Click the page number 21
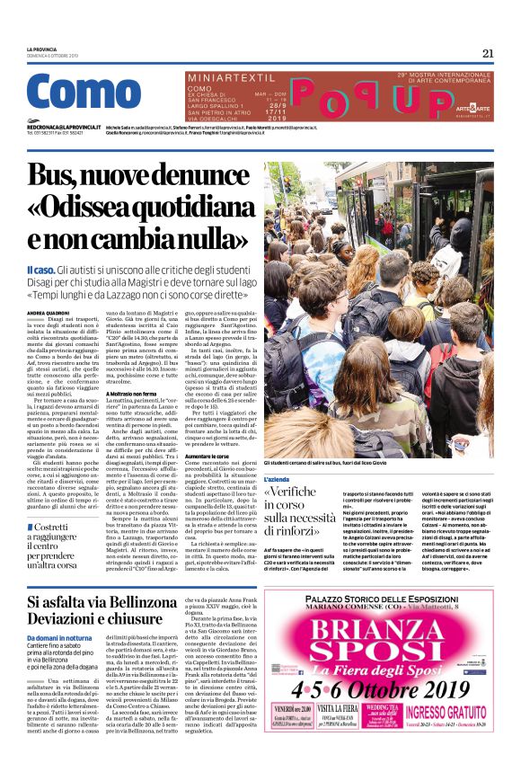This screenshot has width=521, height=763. [488, 53]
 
